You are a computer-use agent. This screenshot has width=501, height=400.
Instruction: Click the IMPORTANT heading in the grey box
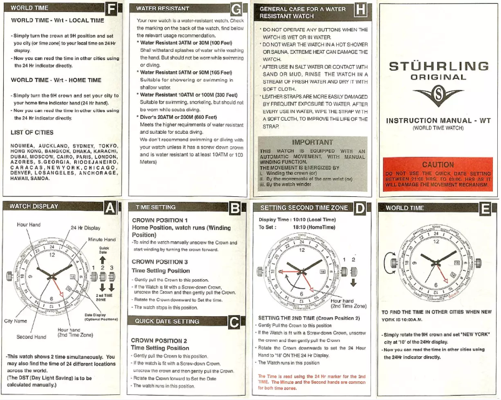pyautogui.click(x=312, y=142)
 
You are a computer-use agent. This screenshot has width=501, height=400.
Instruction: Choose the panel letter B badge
pyautogui.click(x=236, y=208)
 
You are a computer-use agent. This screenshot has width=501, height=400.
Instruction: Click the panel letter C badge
pyautogui.click(x=236, y=322)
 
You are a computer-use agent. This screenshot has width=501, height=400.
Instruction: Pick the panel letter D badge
pyautogui.click(x=360, y=208)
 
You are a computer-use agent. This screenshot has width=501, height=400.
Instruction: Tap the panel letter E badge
pyautogui.click(x=485, y=208)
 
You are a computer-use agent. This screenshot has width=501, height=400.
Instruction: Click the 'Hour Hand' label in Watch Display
pyautogui.click(x=29, y=224)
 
